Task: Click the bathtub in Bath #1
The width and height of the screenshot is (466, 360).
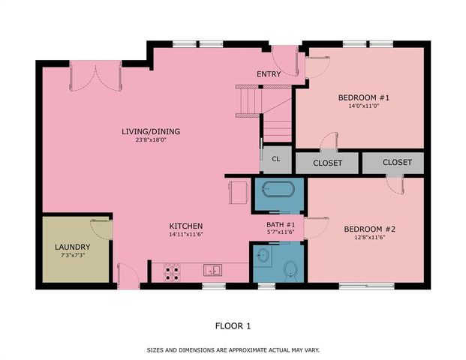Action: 278,189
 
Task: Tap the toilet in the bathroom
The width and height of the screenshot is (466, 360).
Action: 291,271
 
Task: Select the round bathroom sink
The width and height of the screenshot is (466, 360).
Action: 263,255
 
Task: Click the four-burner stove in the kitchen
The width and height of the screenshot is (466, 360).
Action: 172,273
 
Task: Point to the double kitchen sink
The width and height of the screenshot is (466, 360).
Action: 212,270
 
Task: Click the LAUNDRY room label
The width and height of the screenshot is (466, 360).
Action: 73,247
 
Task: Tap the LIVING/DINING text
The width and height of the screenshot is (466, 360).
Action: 151,131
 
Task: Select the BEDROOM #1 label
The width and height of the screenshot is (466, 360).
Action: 364,97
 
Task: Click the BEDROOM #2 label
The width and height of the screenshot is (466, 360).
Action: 370,229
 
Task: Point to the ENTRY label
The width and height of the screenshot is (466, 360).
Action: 269,74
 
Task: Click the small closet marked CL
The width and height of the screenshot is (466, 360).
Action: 276,159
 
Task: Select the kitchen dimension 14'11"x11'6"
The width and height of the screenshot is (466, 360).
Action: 186,234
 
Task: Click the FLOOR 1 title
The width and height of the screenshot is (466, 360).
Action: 233,326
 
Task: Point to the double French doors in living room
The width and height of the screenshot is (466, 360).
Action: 95,76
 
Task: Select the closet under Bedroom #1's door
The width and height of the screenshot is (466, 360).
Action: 327,163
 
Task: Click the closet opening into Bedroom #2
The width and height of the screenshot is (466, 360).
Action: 393,163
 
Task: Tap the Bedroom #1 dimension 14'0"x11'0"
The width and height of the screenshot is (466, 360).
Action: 364,106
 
